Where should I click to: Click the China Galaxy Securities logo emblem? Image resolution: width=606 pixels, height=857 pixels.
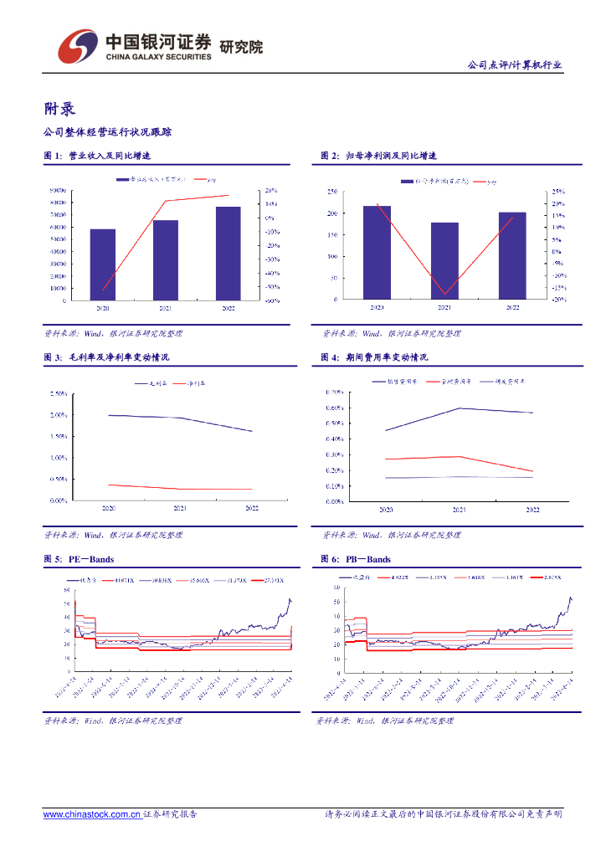[x=75, y=47]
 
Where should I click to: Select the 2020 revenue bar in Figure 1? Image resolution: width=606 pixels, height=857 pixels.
[x=102, y=264]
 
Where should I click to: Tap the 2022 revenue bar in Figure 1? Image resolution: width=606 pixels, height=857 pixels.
[x=228, y=253]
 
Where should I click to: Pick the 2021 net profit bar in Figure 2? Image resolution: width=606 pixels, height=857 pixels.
[x=444, y=260]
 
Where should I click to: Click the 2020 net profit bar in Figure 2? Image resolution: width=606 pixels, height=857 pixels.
[x=377, y=252]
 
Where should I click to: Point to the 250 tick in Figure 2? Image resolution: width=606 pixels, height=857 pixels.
[x=331, y=192]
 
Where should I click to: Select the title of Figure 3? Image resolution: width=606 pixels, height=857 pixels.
[x=106, y=357]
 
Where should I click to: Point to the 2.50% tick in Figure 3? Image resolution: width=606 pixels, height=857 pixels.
[x=58, y=393]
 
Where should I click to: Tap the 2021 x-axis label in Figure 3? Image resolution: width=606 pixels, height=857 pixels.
[x=180, y=508]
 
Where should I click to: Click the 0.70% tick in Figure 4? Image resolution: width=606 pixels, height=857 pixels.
[x=334, y=392]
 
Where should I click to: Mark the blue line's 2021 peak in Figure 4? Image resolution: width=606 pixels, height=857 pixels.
[x=460, y=408]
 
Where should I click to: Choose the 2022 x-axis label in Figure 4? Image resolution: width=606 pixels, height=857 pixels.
[x=532, y=509]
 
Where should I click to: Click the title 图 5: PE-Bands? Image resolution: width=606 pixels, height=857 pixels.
[x=79, y=559]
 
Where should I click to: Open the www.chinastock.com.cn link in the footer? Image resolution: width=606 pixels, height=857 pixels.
[x=91, y=814]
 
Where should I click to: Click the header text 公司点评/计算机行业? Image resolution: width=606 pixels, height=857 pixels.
[x=514, y=65]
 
